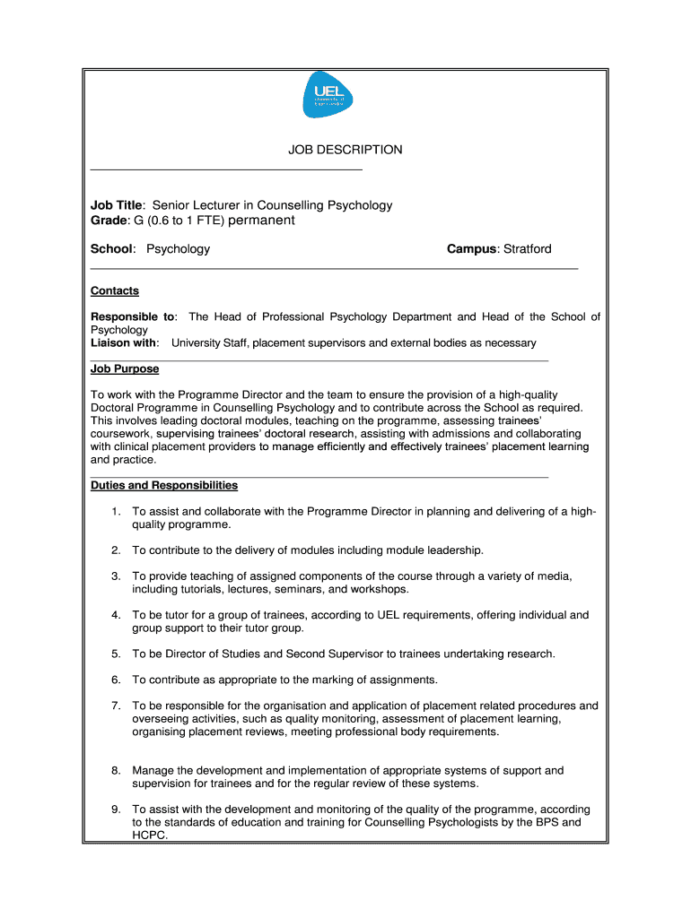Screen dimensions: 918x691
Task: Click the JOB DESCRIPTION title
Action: click(x=345, y=150)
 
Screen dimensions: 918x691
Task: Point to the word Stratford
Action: click(x=527, y=248)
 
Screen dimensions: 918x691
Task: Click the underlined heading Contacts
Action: click(x=115, y=290)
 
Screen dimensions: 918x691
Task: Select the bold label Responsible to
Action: click(x=134, y=316)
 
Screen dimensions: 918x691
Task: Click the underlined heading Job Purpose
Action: click(x=125, y=368)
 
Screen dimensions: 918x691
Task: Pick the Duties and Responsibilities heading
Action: click(x=164, y=485)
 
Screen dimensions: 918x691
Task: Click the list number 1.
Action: click(x=116, y=511)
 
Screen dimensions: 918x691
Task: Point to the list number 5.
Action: click(x=116, y=654)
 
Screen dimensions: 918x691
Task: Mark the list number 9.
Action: click(x=116, y=809)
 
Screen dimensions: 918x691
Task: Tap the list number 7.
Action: click(x=116, y=706)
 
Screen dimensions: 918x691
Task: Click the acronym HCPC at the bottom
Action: click(x=150, y=835)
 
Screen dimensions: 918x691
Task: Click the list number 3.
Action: click(x=116, y=576)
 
